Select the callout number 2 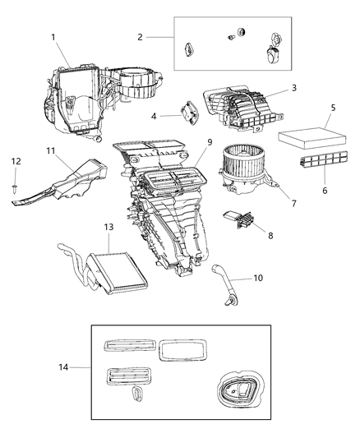[141, 37]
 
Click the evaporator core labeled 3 [238, 108]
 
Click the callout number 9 [209, 142]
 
